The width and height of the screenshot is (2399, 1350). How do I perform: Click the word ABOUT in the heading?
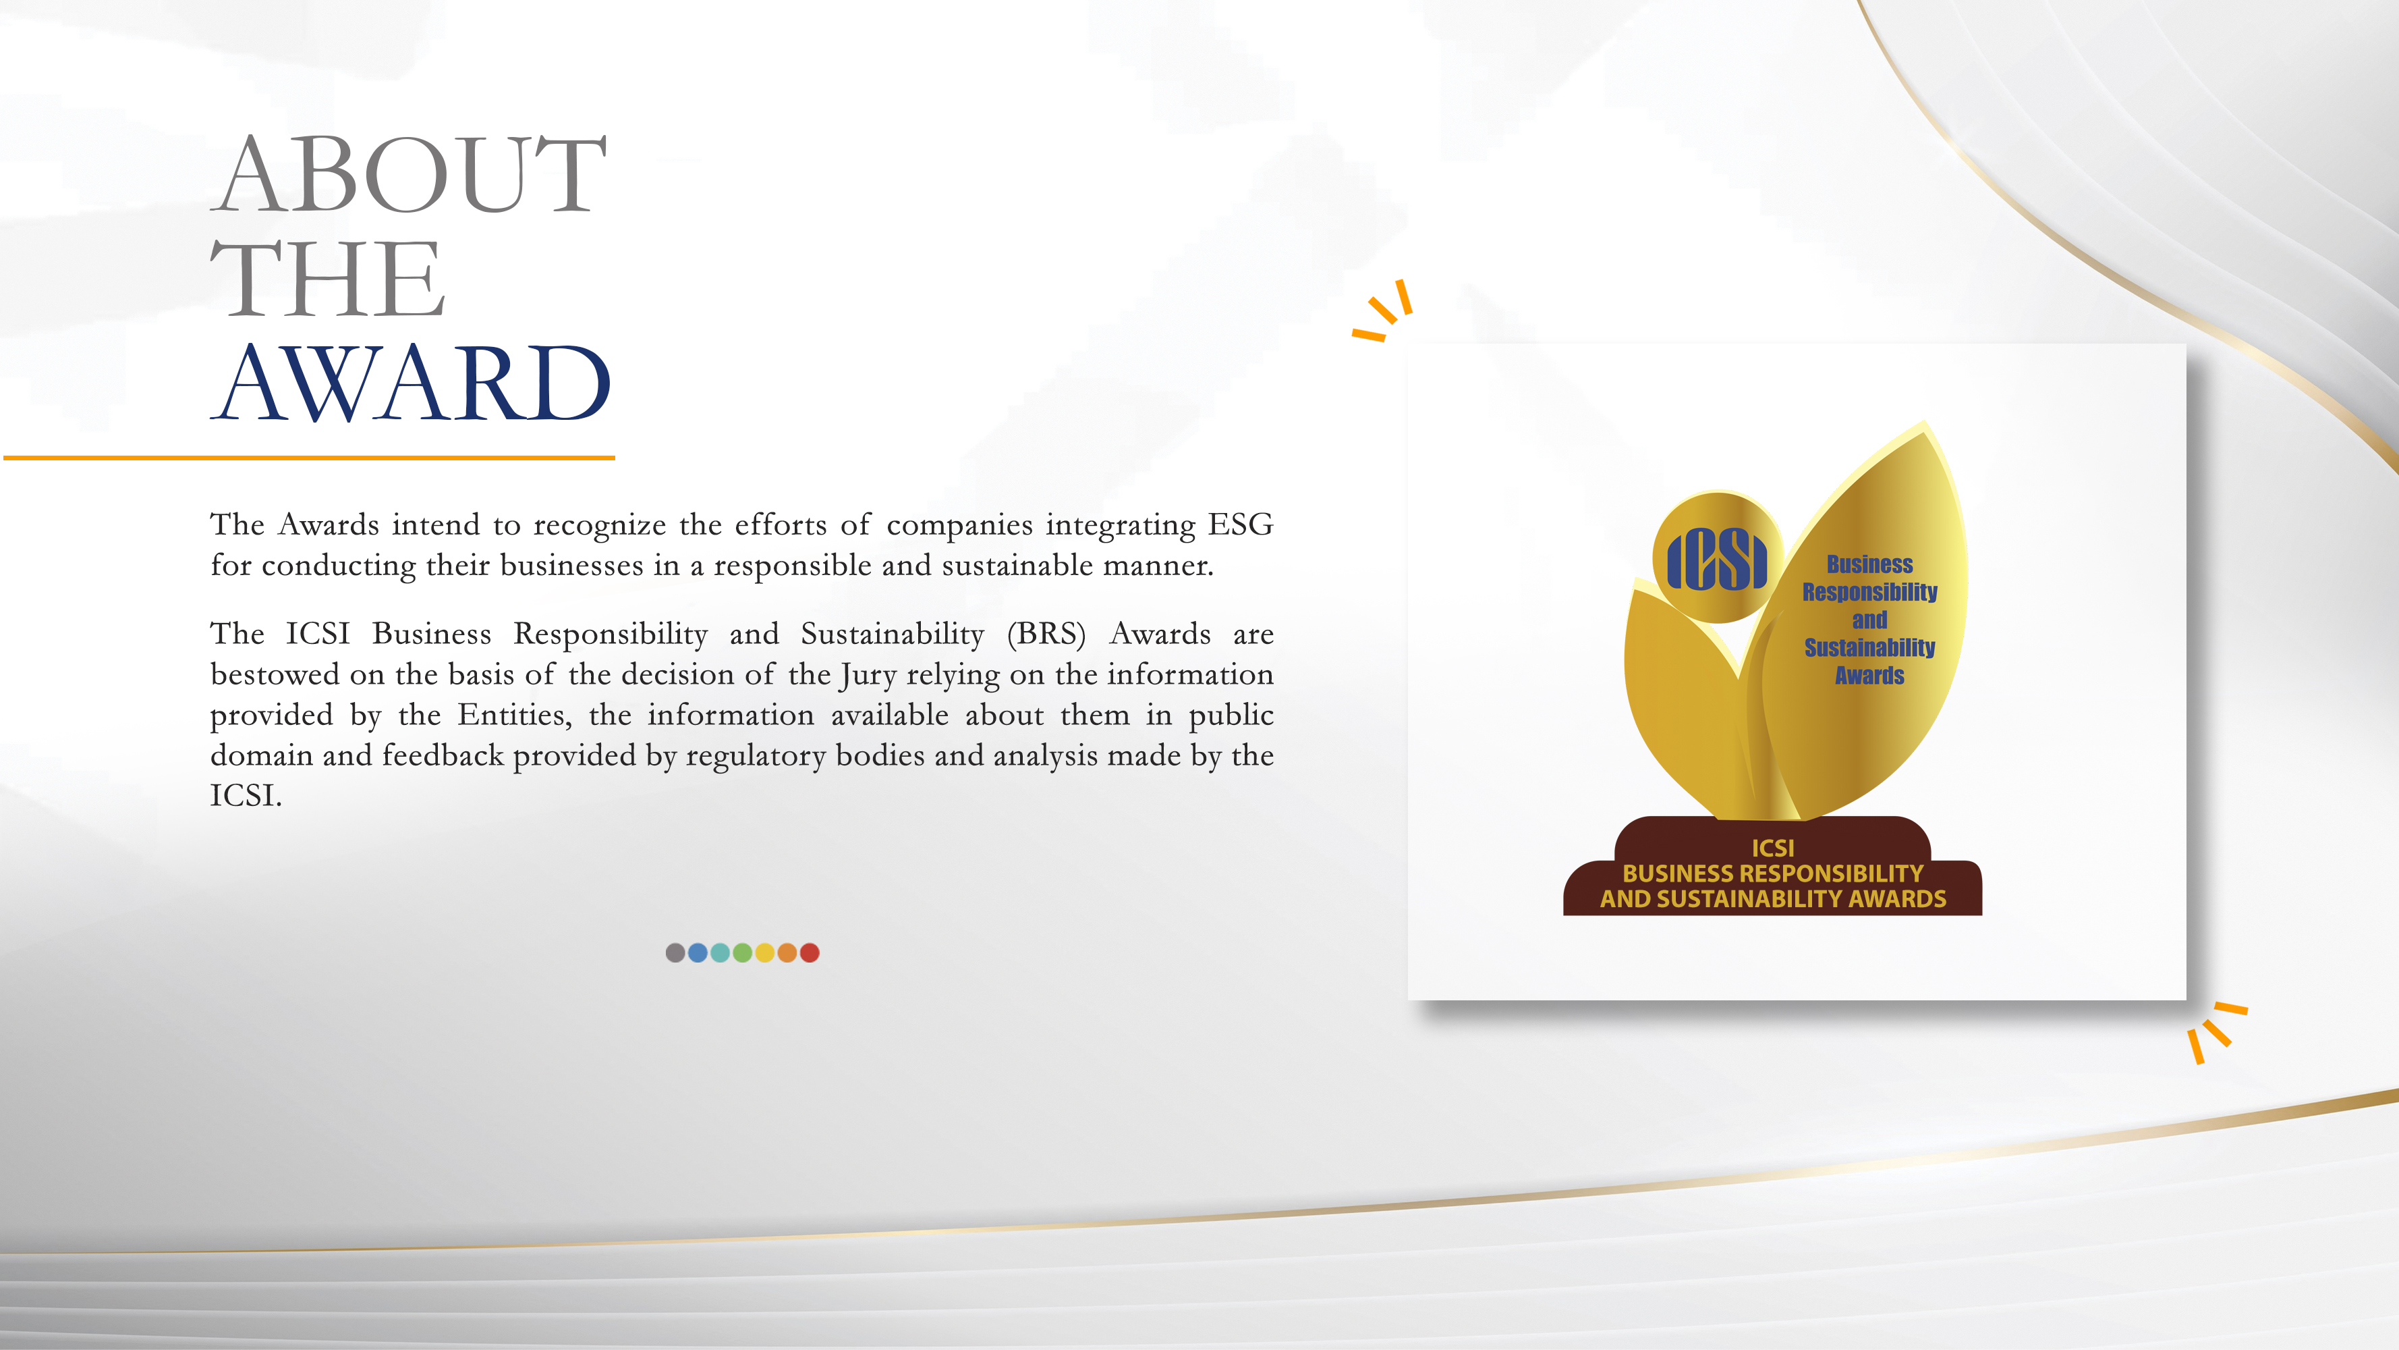410,174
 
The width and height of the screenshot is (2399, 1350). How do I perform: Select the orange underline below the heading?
309,458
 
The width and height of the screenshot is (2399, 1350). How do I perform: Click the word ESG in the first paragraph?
1241,524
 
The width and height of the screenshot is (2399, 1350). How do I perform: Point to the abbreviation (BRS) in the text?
1046,634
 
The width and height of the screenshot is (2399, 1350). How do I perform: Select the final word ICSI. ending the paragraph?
246,796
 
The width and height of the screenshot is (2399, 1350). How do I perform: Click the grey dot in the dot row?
675,952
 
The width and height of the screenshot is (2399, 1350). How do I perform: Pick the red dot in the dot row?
810,952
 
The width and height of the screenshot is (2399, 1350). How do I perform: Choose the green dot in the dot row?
742,952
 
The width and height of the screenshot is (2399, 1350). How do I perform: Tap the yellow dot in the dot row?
764,952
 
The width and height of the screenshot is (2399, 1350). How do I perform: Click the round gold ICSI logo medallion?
1718,557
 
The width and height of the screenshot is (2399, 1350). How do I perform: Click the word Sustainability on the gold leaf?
1869,647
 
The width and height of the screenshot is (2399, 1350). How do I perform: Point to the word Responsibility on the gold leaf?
1869,593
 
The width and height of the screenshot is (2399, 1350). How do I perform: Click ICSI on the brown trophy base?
1772,848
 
